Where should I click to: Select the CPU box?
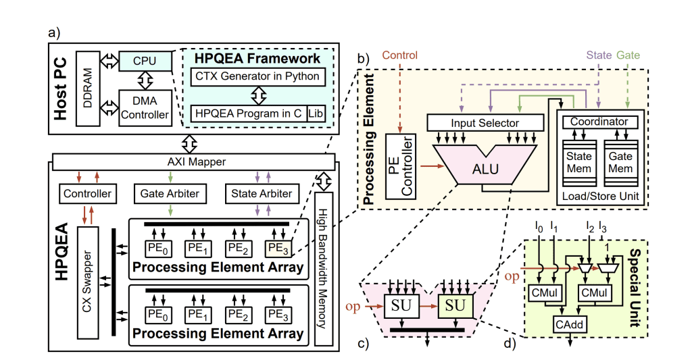point(145,61)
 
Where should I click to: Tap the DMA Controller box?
point(145,107)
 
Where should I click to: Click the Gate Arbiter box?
point(169,193)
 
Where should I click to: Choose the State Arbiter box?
point(262,193)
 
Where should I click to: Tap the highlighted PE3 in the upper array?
point(278,247)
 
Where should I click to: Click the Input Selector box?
point(486,123)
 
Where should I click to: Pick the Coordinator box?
point(599,122)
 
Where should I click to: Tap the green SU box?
point(455,306)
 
